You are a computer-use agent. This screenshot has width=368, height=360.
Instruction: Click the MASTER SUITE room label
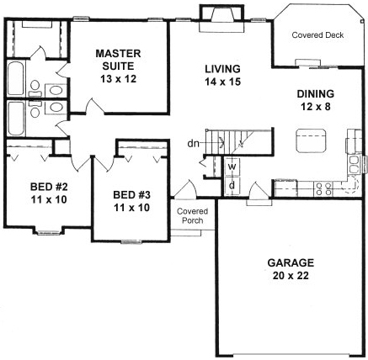(116, 61)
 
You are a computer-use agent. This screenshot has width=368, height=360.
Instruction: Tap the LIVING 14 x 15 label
(222, 75)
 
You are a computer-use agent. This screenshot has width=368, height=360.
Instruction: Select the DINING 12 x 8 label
(316, 100)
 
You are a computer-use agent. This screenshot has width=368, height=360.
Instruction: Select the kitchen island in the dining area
(312, 140)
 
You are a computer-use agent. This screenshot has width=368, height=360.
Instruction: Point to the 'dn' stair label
(194, 143)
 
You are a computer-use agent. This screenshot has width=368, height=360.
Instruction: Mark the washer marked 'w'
(231, 167)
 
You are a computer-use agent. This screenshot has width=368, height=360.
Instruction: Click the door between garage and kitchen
(256, 199)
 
